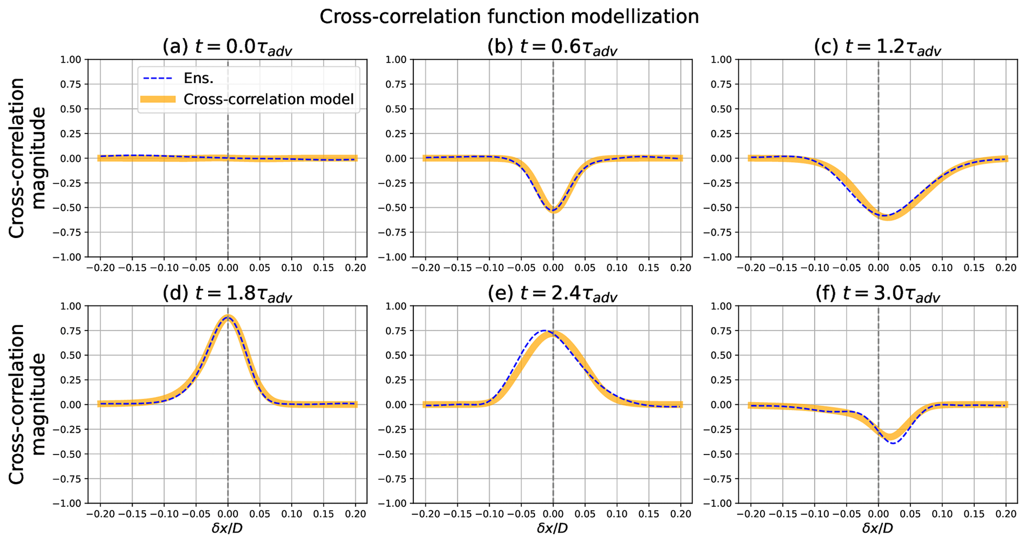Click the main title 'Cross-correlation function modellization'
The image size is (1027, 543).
click(509, 17)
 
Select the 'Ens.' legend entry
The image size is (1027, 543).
click(198, 78)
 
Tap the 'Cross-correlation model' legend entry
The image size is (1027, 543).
click(268, 99)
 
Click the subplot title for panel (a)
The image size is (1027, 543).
click(227, 48)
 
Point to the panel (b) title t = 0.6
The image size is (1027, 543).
click(552, 48)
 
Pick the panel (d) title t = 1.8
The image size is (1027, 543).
click(227, 294)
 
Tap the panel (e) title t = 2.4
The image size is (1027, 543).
click(552, 294)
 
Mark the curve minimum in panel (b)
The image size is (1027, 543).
click(553, 210)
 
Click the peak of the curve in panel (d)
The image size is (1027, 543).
click(228, 316)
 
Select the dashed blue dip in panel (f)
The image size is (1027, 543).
click(893, 442)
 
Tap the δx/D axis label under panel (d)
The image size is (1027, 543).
click(227, 528)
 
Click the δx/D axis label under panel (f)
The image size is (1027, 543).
click(877, 528)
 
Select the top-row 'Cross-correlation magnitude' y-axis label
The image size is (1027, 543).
click(27, 158)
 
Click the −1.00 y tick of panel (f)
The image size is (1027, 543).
click(721, 503)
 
